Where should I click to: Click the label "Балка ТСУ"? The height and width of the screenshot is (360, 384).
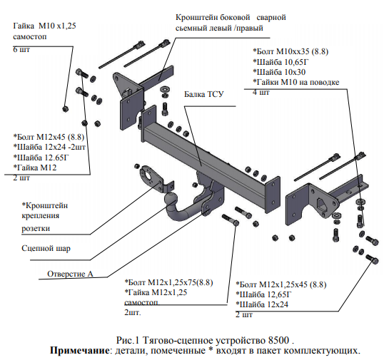(x=203, y=94)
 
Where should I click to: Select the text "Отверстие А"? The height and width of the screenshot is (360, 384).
(x=70, y=274)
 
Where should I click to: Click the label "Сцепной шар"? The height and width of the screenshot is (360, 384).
(x=46, y=248)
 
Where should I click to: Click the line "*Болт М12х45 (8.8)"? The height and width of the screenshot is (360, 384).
(x=49, y=137)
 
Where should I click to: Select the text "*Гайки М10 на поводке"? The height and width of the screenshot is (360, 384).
(x=295, y=82)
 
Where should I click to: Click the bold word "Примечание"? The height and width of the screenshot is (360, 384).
(x=80, y=351)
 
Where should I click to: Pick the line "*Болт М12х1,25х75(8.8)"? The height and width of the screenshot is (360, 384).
(x=168, y=282)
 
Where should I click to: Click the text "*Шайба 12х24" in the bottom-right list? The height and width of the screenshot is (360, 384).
(x=262, y=304)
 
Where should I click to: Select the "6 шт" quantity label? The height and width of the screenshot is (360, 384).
(x=21, y=49)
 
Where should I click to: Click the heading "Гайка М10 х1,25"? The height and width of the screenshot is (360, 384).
(x=44, y=26)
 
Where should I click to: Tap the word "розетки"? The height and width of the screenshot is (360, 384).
(x=36, y=228)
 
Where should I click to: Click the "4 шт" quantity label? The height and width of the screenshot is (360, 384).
(x=261, y=92)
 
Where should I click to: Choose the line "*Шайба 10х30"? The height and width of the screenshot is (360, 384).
(x=279, y=72)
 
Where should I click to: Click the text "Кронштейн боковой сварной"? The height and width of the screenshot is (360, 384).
(x=231, y=17)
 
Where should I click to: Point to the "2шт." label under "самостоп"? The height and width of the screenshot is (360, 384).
(x=133, y=312)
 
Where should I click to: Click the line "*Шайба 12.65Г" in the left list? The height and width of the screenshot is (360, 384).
(x=41, y=158)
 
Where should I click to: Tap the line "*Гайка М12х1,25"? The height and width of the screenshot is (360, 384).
(x=156, y=292)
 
